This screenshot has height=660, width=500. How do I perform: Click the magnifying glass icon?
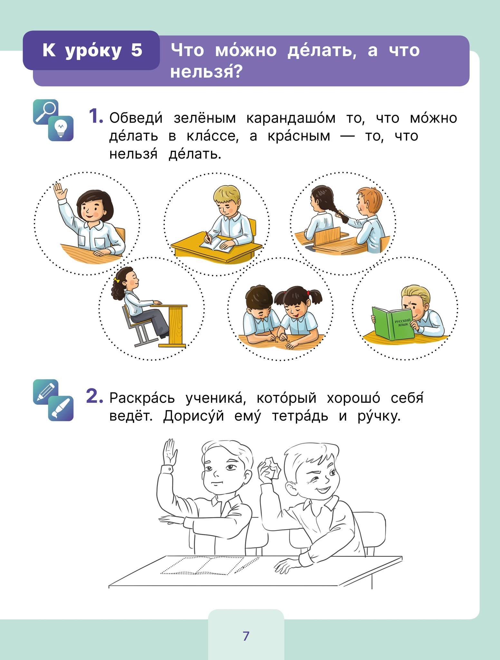pyautogui.click(x=45, y=112)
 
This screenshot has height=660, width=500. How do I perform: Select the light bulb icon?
pyautogui.click(x=61, y=128)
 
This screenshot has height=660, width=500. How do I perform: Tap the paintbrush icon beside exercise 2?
pyautogui.click(x=61, y=408)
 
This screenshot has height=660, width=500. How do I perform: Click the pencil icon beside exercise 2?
pyautogui.click(x=45, y=392)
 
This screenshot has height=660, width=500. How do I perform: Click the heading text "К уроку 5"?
pyautogui.click(x=92, y=50)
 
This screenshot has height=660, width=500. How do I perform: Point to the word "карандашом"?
pyautogui.click(x=291, y=118)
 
